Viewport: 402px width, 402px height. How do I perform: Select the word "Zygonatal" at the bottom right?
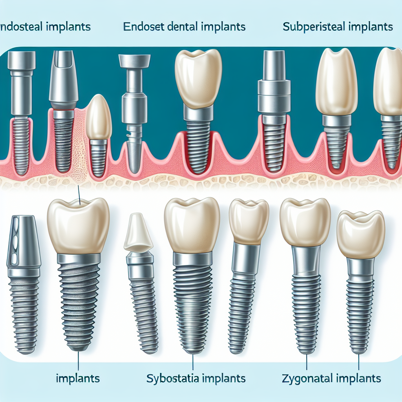coord(306,378)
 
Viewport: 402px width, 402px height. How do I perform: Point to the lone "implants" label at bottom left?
coord(78,379)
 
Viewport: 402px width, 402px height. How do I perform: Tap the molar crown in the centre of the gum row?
coord(198,79)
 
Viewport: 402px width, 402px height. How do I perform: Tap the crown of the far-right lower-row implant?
coord(360,234)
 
